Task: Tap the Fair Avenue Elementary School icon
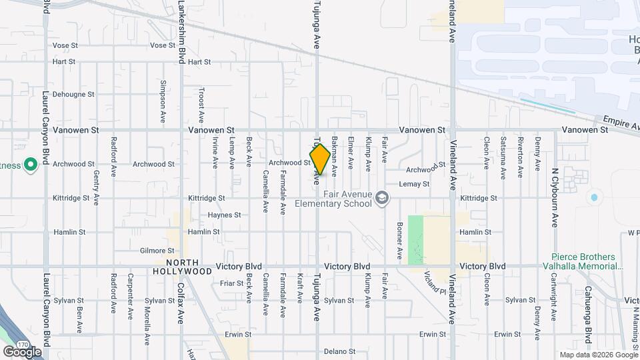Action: (382, 198)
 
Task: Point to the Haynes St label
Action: (223, 215)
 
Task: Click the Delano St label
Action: (340, 351)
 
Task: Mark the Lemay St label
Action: (413, 183)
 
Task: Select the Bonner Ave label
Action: (399, 240)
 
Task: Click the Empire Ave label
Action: (621, 123)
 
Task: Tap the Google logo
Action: (22, 351)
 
